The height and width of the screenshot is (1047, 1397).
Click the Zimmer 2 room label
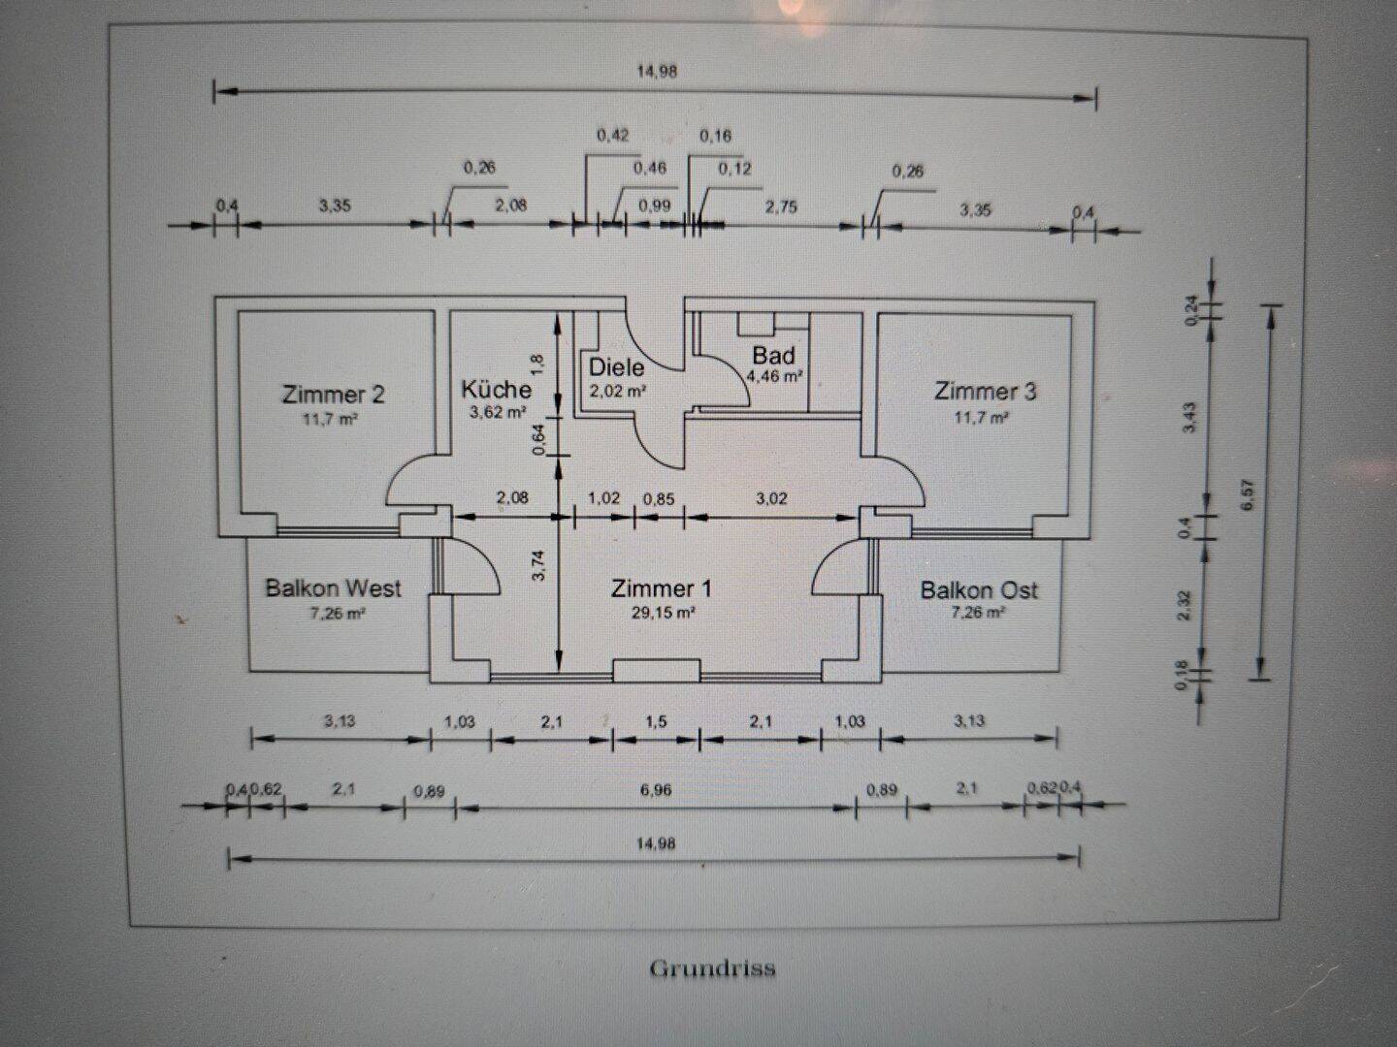(333, 395)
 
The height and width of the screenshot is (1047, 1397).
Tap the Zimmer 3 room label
(985, 392)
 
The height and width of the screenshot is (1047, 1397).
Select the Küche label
(496, 390)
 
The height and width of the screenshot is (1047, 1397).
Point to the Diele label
(616, 367)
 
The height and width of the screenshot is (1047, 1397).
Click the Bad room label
(773, 356)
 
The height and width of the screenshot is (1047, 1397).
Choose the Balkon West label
(333, 588)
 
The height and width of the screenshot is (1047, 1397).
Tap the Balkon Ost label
(979, 590)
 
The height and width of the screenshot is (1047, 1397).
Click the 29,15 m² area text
(662, 613)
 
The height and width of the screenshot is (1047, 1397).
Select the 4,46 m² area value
(774, 376)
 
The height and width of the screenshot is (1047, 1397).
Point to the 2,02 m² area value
(618, 391)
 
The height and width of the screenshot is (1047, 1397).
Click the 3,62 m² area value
(497, 412)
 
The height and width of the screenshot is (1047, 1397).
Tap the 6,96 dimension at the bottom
(656, 790)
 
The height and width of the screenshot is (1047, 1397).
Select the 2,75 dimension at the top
(781, 206)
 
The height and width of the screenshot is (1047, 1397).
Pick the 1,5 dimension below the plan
(656, 721)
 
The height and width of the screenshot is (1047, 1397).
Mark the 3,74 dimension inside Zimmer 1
(539, 564)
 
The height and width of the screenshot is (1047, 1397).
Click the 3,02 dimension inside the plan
(771, 499)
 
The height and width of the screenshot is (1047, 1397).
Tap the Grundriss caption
(712, 968)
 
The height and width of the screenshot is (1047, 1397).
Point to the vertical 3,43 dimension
(1190, 417)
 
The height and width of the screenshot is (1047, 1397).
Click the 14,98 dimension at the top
(657, 71)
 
